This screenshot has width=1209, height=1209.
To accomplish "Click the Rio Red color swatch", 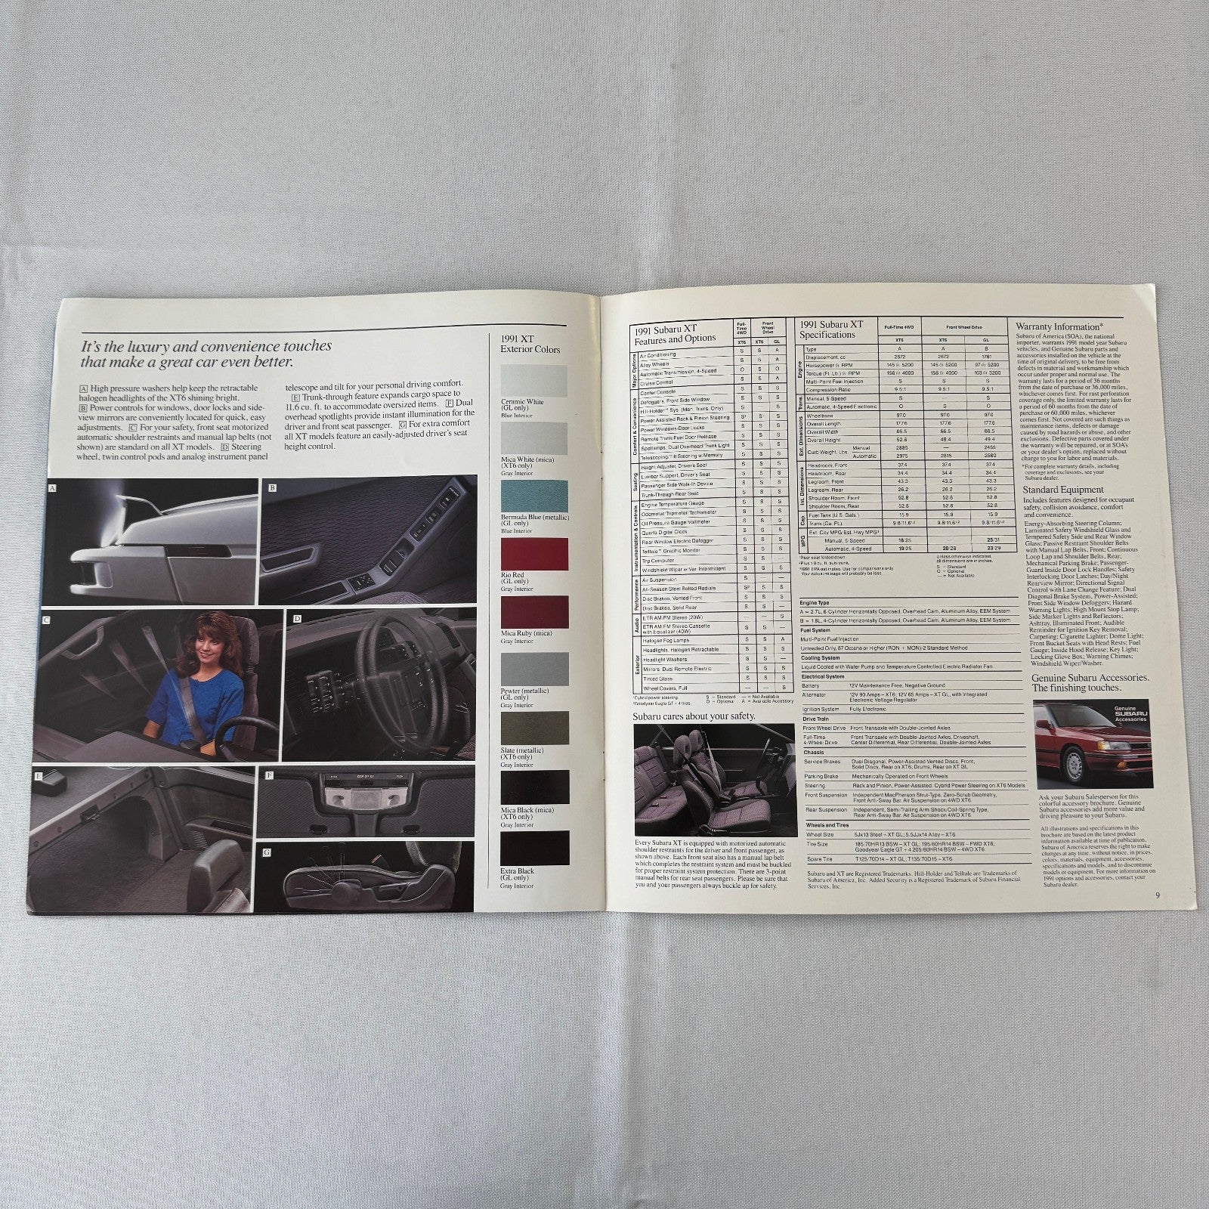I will pos(533,555).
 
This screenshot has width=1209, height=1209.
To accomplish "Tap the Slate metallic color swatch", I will pos(533,728).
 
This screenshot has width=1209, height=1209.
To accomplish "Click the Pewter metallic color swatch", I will pos(533,669).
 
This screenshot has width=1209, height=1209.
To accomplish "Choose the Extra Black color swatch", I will pos(533,848).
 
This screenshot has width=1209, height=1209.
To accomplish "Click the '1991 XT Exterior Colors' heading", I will pos(530,344).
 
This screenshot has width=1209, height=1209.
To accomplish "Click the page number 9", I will pos(1157,896).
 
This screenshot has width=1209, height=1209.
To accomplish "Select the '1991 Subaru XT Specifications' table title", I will pos(830,328).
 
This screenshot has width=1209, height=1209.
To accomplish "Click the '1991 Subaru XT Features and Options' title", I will pos(677,332).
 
